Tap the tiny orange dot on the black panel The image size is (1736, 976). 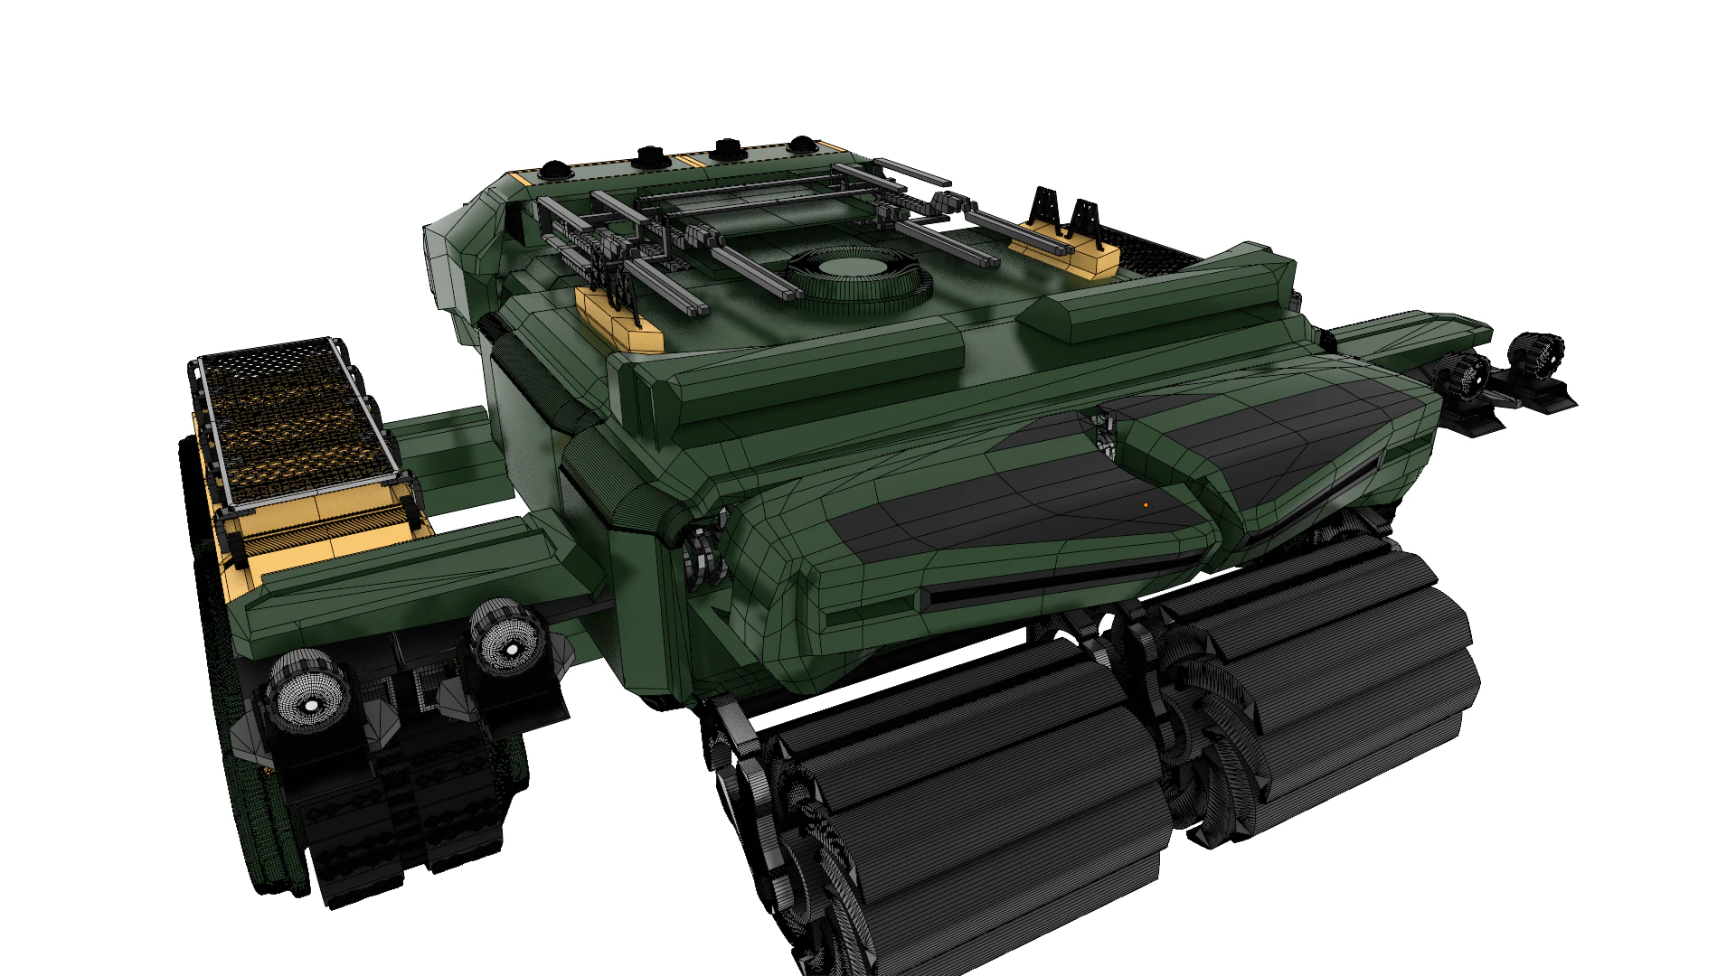pos(1146,505)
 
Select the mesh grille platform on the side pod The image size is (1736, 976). pos(297,420)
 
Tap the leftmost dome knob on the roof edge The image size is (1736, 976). pos(553,169)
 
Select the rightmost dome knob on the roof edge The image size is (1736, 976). pos(801,145)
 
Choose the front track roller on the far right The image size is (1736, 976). pos(1338,687)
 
